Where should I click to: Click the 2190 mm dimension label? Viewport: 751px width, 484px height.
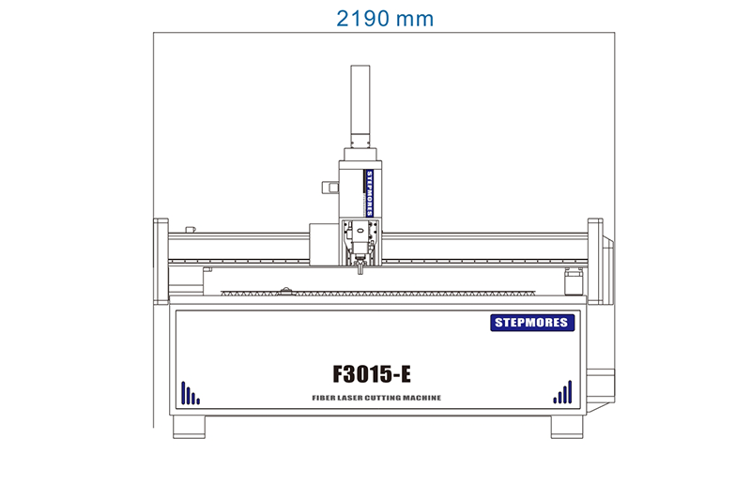[x=385, y=18]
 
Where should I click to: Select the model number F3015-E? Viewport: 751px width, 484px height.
[x=373, y=373]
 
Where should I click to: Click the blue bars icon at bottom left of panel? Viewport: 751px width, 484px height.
[x=190, y=394]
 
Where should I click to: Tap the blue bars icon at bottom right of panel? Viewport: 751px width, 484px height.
[x=562, y=393]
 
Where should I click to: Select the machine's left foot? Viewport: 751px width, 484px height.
[x=190, y=427]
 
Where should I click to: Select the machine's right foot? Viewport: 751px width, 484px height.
[x=566, y=427]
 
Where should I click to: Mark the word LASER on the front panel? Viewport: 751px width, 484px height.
[x=354, y=399]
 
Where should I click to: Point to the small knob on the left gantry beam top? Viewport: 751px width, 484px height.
[x=191, y=228]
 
